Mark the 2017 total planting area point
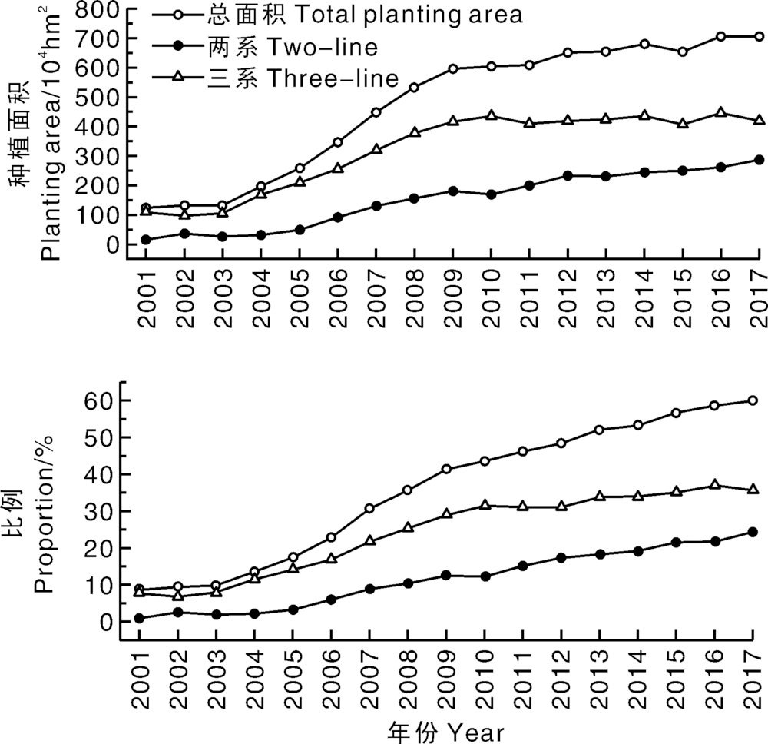coord(759,36)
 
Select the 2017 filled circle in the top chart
coord(759,160)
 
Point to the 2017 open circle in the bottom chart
coord(753,400)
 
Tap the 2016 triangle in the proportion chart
coord(714,485)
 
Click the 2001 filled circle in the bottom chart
coord(139,618)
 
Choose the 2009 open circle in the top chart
coord(452,69)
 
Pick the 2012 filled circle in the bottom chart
coord(561,558)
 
